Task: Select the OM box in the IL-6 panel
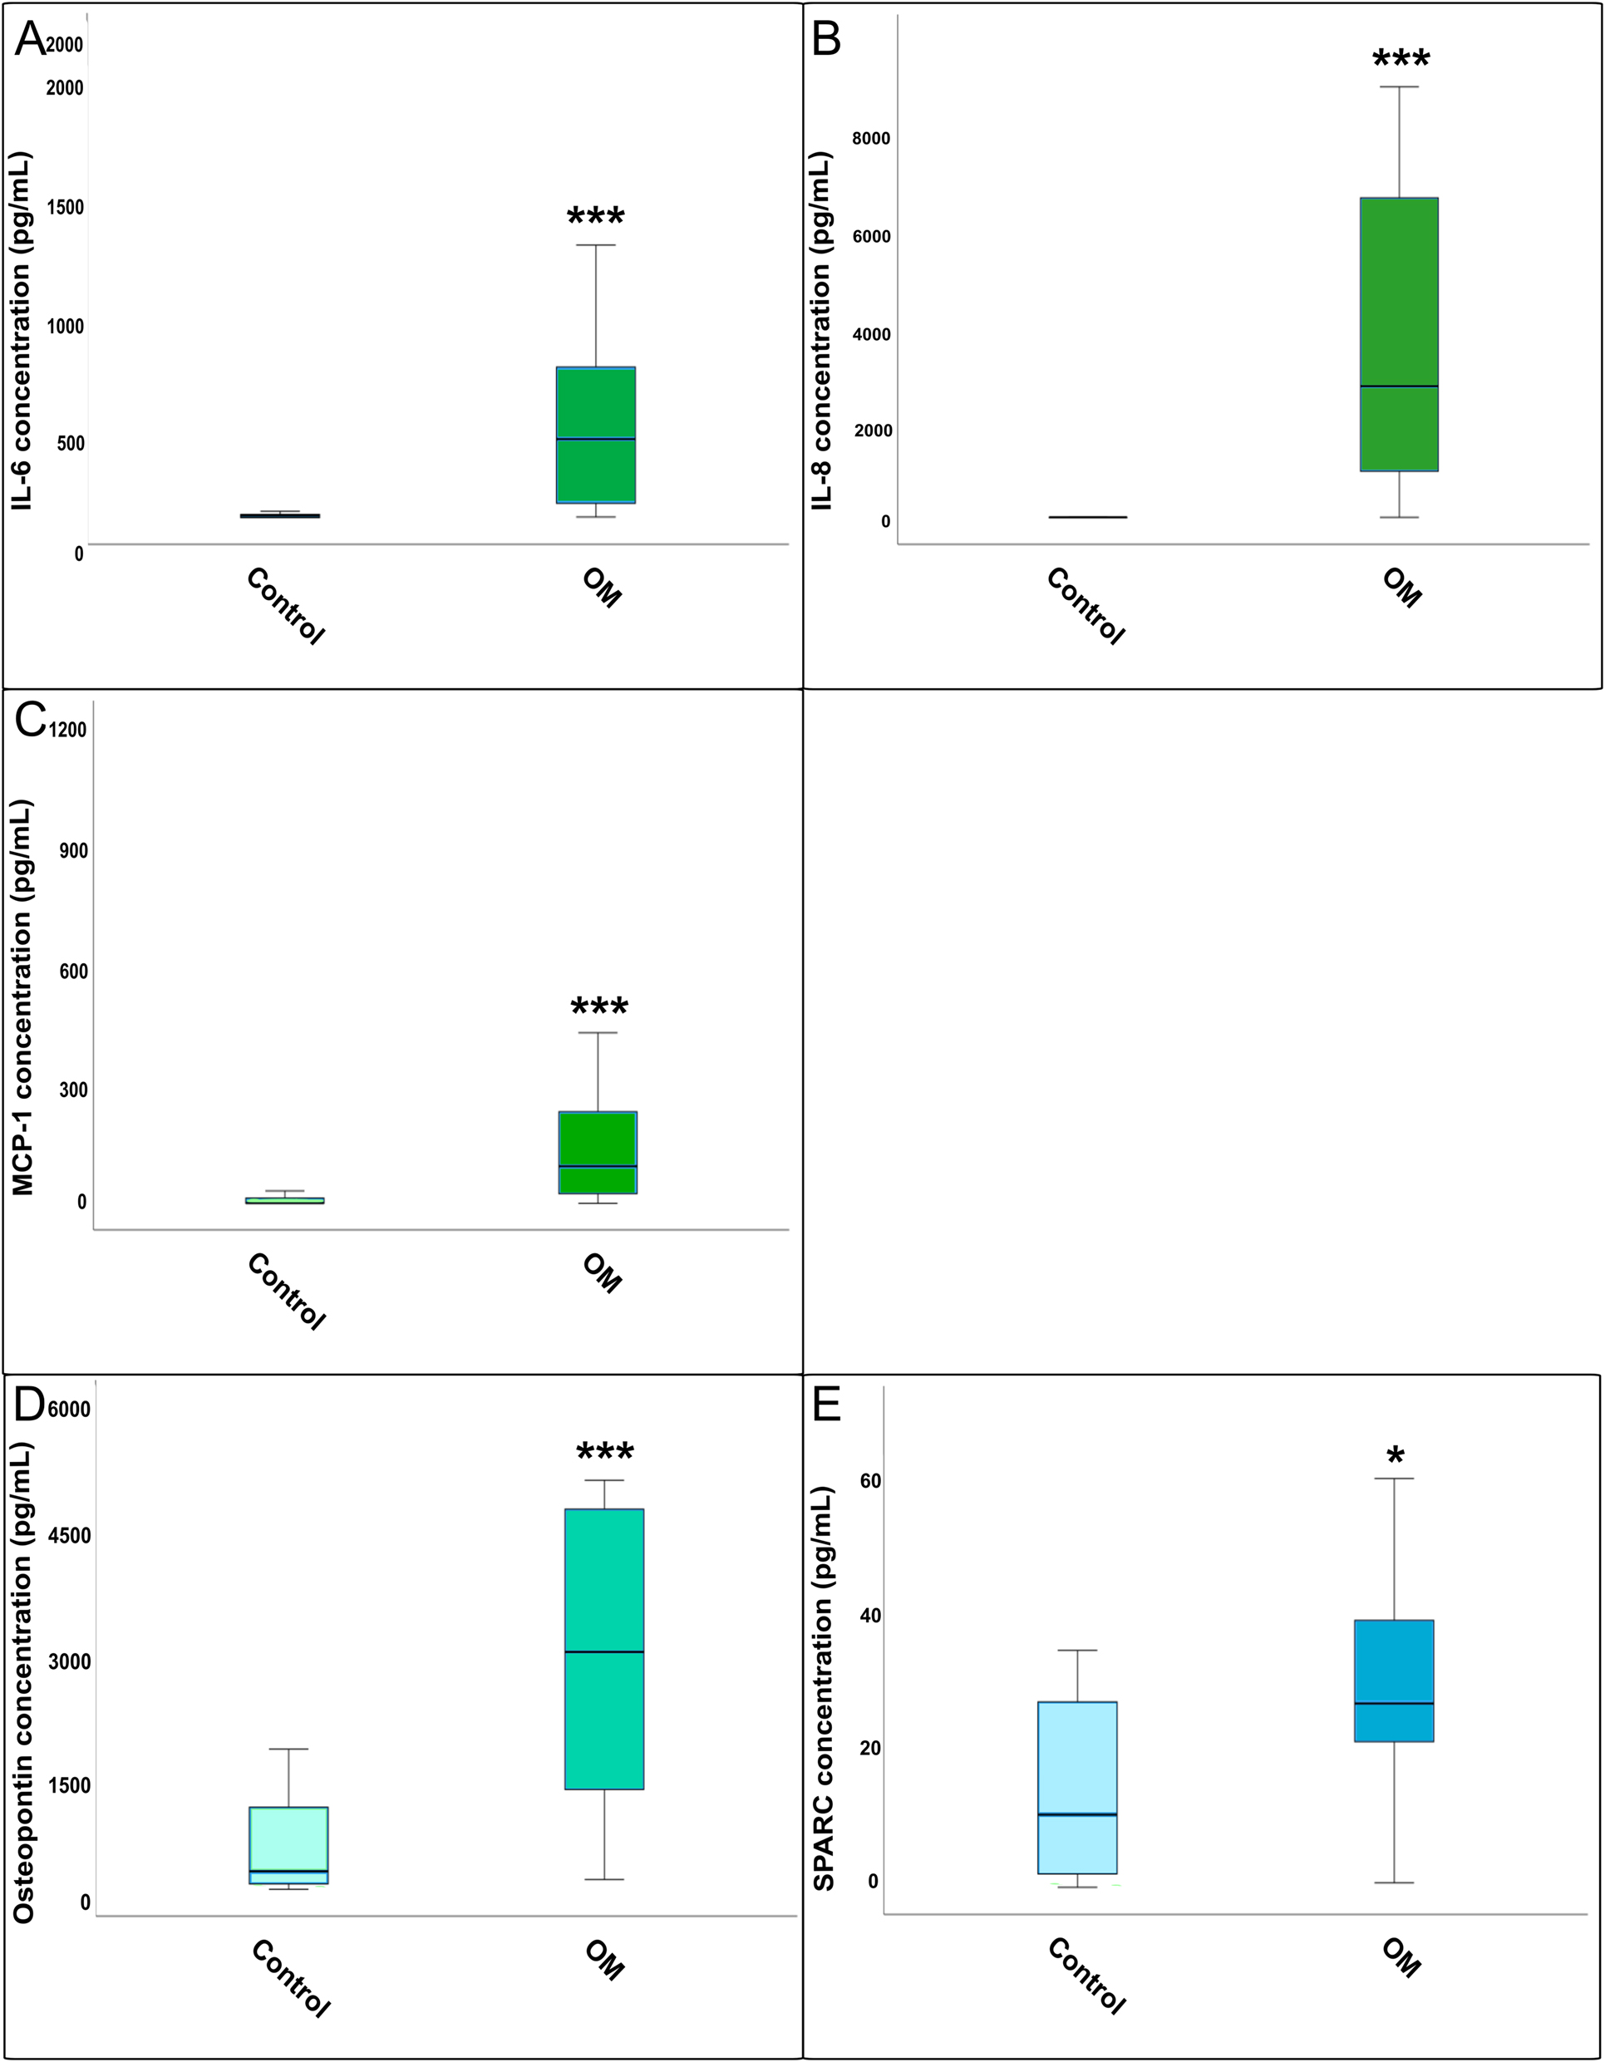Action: click(x=596, y=435)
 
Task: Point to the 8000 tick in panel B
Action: click(x=870, y=139)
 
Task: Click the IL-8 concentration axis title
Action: click(x=823, y=331)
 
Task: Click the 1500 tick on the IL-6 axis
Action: click(x=64, y=207)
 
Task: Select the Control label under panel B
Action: click(x=1086, y=606)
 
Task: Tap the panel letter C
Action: click(x=30, y=721)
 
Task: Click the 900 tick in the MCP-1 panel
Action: click(x=71, y=851)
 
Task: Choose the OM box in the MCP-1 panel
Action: click(x=598, y=1152)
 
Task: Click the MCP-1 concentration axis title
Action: click(x=22, y=997)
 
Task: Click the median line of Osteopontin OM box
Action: click(x=604, y=1651)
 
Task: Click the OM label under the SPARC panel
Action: click(x=1401, y=1957)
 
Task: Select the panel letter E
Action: click(x=826, y=1405)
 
